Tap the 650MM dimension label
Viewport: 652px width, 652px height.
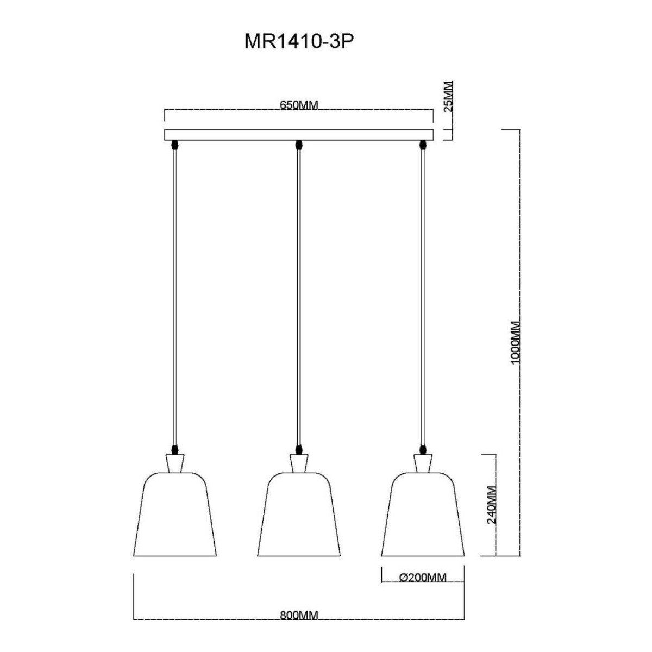pos(299,105)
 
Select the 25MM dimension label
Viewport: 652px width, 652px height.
pos(447,96)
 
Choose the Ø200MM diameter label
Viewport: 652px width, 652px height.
pos(423,578)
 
